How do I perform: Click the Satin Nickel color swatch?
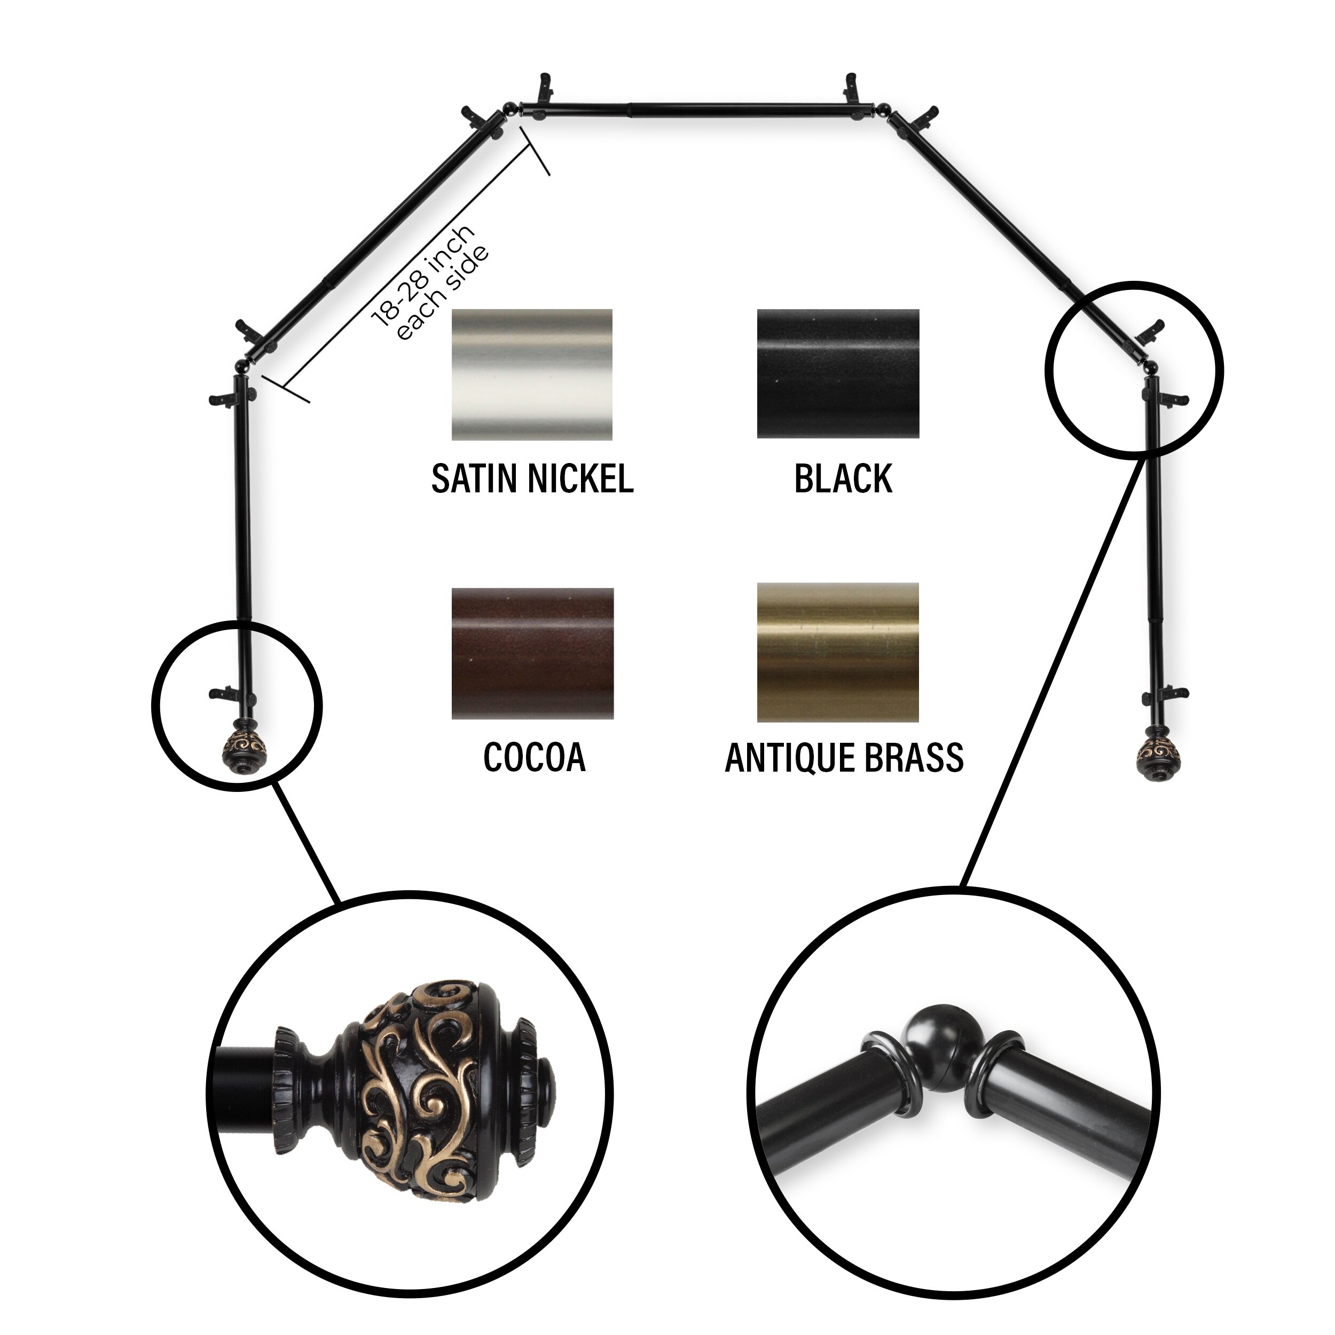point(531,374)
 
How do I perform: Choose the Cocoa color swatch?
point(531,653)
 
